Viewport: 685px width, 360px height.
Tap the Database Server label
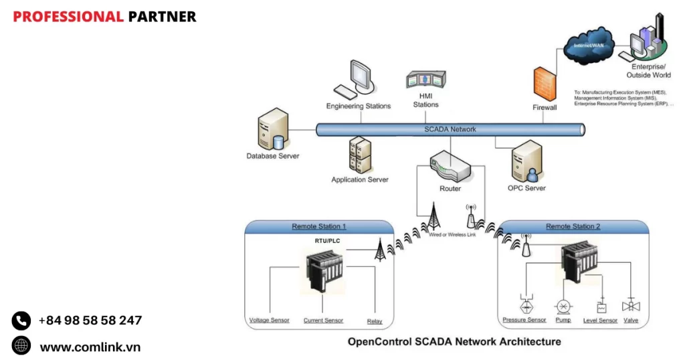pos(272,156)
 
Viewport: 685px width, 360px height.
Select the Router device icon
pos(450,165)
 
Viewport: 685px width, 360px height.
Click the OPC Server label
pos(526,188)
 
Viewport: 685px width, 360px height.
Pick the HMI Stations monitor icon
pos(425,80)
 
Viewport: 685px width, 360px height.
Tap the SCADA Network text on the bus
pos(450,129)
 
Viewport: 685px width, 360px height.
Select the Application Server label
pos(360,179)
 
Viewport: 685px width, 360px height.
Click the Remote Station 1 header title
pos(318,226)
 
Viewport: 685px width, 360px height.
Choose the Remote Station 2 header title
pos(573,226)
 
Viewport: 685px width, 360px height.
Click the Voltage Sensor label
pos(269,321)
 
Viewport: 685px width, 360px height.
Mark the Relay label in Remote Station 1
pos(375,321)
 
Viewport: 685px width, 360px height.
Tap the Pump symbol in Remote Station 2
pos(563,306)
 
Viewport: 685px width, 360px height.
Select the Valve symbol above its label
pos(630,306)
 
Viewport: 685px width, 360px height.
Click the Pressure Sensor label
pos(524,321)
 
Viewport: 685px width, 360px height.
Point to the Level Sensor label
pos(600,321)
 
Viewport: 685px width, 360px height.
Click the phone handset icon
pos(21,321)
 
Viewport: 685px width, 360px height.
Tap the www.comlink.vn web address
pos(90,347)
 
